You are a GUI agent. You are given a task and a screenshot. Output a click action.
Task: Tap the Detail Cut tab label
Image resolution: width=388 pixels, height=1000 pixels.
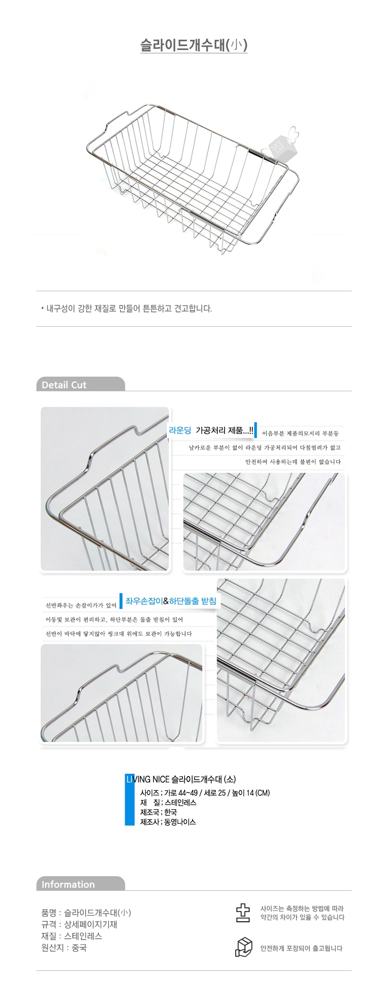pyautogui.click(x=64, y=385)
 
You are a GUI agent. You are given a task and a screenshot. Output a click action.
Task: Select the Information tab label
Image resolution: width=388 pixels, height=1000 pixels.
pyautogui.click(x=68, y=884)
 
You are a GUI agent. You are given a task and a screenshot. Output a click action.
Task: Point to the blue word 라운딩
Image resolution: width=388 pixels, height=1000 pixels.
pyautogui.click(x=180, y=430)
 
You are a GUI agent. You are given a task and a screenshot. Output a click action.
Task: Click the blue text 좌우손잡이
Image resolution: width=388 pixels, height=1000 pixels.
pyautogui.click(x=144, y=601)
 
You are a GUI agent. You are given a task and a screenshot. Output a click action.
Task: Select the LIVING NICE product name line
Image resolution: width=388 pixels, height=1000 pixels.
pyautogui.click(x=181, y=779)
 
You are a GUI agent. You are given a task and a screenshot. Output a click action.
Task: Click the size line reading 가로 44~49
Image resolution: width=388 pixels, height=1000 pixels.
pyautogui.click(x=205, y=793)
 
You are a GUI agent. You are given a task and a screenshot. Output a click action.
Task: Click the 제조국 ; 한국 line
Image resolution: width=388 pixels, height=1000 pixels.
pyautogui.click(x=159, y=812)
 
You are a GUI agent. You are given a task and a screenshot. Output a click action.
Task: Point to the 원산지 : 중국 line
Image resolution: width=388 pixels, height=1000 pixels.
pyautogui.click(x=64, y=948)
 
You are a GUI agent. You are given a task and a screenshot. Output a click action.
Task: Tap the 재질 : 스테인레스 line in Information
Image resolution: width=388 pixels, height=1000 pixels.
pyautogui.click(x=72, y=936)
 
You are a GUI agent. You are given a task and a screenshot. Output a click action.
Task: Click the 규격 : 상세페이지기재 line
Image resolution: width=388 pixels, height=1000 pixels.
pyautogui.click(x=80, y=924)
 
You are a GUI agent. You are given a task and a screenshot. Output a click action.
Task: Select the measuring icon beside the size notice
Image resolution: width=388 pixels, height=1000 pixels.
pyautogui.click(x=243, y=913)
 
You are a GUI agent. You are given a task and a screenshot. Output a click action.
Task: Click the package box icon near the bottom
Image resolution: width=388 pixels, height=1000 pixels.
pyautogui.click(x=244, y=947)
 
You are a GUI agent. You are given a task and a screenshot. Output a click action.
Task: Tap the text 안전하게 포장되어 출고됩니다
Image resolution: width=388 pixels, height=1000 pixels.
pyautogui.click(x=301, y=948)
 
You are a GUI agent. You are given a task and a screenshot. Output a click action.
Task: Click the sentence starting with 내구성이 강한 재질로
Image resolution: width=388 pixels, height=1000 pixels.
pyautogui.click(x=129, y=309)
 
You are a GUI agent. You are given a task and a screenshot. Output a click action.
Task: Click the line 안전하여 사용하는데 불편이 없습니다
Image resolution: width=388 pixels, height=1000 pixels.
pyautogui.click(x=293, y=462)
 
